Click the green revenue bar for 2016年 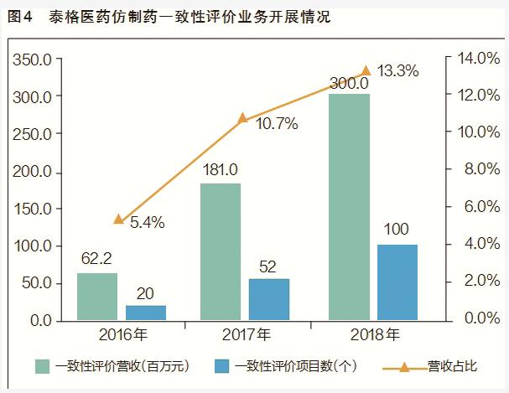coord(97,297)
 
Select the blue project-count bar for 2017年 coord(269,299)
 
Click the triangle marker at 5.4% coord(119,220)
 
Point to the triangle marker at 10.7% coord(243,118)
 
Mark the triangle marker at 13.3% coord(366,71)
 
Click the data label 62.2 coord(97,258)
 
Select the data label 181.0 coord(221,168)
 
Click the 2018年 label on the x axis coord(374,334)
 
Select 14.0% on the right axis coord(478,58)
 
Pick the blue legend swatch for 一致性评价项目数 coord(222,366)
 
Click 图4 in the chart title coord(18,17)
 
